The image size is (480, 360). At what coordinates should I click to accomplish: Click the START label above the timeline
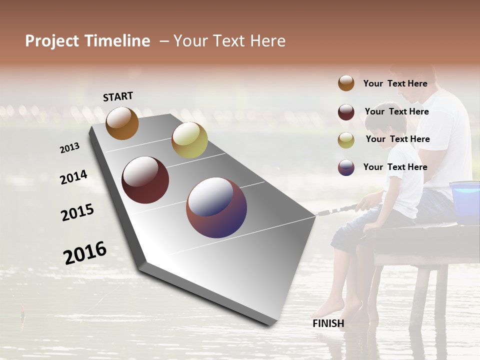[x=118, y=96]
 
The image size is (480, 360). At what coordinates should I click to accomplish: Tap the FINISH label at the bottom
[x=328, y=323]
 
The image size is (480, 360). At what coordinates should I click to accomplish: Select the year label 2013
[x=70, y=148]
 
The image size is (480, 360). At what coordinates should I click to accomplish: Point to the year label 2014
[x=73, y=177]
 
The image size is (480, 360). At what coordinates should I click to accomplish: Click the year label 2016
[x=85, y=252]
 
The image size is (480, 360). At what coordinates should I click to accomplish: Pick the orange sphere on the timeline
[x=122, y=123]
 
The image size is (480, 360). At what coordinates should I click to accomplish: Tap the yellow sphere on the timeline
[x=189, y=140]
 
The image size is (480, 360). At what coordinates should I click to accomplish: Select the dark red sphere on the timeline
[x=145, y=180]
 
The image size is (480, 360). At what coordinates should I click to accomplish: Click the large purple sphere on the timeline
[x=216, y=207]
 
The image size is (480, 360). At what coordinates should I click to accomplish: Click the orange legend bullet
[x=346, y=83]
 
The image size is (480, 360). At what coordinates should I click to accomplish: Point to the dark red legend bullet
[x=346, y=111]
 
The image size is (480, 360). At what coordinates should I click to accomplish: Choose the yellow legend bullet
[x=346, y=139]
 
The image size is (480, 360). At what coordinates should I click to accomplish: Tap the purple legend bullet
[x=346, y=167]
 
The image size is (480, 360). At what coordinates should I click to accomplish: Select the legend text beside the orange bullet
[x=395, y=83]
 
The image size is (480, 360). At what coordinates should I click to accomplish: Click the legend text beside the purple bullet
[x=395, y=167]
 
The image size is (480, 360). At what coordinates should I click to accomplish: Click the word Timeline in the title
[x=117, y=41]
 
